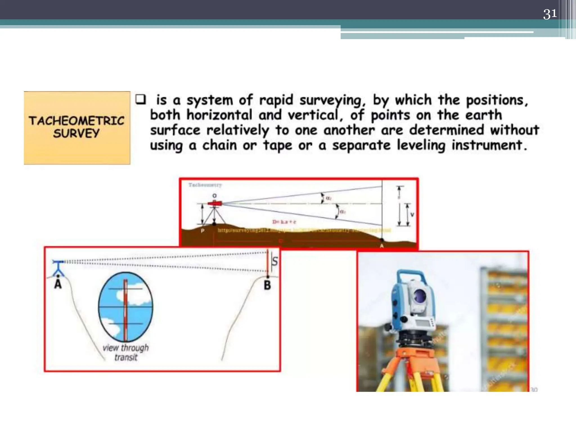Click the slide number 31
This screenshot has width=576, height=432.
pos(550,14)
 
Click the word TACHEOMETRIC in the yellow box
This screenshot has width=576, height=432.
pos(76,121)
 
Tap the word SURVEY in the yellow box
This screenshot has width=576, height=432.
pos(76,133)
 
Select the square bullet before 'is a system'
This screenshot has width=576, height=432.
pos(141,100)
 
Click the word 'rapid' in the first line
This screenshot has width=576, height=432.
pos(276,100)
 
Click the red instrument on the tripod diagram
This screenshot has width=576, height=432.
pos(215,203)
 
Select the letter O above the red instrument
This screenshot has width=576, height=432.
pos(215,196)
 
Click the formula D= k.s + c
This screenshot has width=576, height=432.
pos(284,222)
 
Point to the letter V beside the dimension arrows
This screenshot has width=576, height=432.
pos(412,215)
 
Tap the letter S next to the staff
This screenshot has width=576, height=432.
pos(275,261)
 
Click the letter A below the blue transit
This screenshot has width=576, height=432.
pos(58,284)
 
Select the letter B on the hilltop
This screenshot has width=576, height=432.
pos(267,285)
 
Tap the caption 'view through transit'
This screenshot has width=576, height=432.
pos(126,352)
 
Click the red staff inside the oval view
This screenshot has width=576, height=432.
pos(125,309)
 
